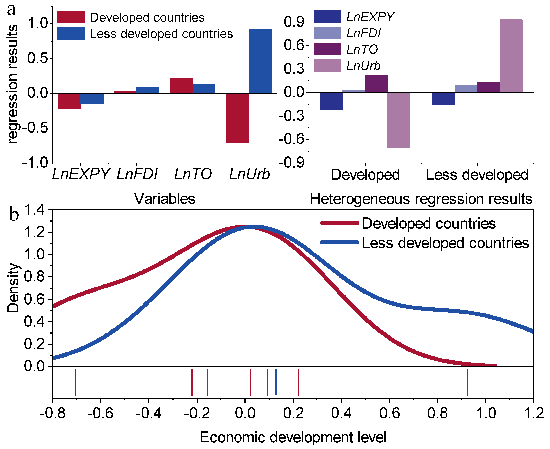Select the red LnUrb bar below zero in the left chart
click(237, 118)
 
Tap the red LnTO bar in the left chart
click(182, 85)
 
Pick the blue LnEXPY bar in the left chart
click(92, 98)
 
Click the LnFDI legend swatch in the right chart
click(327, 33)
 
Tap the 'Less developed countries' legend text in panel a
click(161, 34)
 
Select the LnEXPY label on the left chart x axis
click(81, 174)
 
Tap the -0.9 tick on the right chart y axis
click(294, 163)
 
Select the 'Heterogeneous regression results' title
click(421, 199)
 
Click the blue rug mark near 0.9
click(467, 382)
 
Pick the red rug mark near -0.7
click(75, 382)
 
